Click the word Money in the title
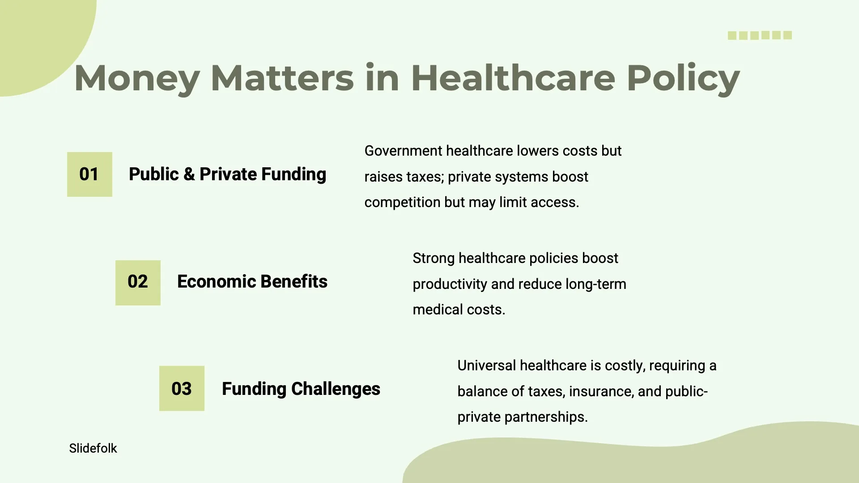click(137, 79)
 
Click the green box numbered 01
click(89, 174)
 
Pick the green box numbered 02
click(138, 283)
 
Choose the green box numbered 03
click(182, 388)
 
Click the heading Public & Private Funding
click(227, 174)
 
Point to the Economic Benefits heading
click(252, 282)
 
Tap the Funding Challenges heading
click(301, 389)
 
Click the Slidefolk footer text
click(93, 448)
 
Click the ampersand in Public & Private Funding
click(189, 174)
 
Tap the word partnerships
click(546, 417)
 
